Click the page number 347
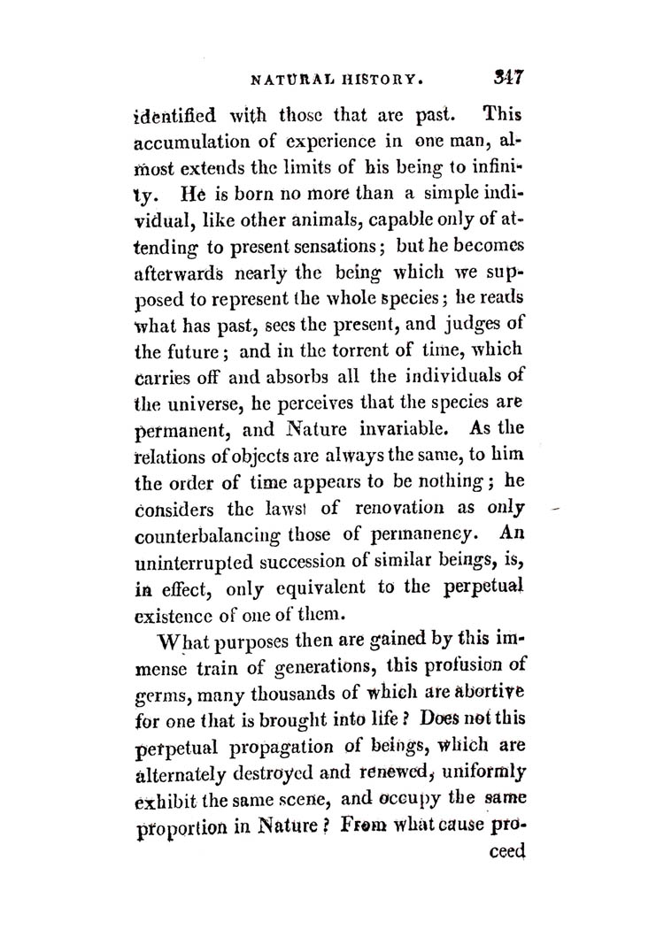coord(510,78)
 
